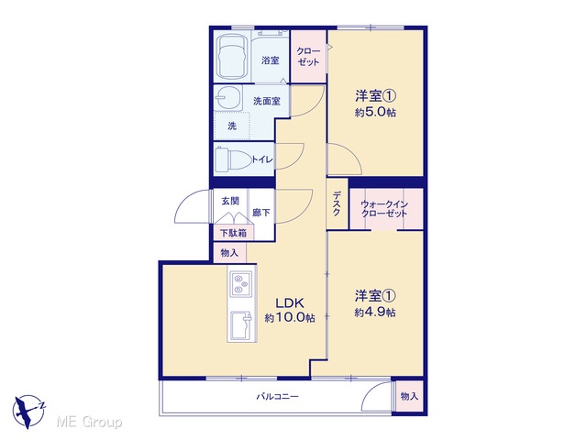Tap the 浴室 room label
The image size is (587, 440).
coord(271,60)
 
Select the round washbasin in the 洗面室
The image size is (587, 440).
coord(227,98)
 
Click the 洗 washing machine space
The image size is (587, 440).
coord(232,126)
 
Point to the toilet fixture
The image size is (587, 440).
coord(233,159)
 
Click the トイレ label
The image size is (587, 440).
coord(262,159)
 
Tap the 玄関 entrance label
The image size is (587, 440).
coord(230,202)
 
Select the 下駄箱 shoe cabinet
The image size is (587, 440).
coord(233,233)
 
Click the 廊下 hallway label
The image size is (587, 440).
coord(261,213)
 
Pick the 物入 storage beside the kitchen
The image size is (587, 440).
coord(229,253)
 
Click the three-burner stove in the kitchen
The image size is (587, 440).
coord(240,283)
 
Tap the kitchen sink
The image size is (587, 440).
coord(242,326)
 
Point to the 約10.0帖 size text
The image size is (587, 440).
coord(290,318)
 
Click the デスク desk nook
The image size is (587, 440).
coord(337,203)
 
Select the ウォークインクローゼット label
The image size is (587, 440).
coord(384,209)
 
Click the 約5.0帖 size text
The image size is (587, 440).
coord(375,112)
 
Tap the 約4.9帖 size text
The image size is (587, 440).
coord(375,312)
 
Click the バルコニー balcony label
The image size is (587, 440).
coord(277,396)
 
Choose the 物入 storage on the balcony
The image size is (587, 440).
coord(409,396)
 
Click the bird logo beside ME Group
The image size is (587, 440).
coord(28,412)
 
